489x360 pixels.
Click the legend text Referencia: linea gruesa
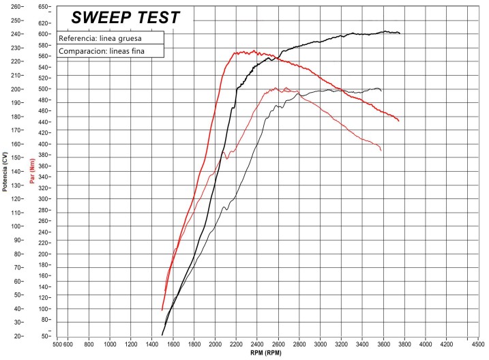[101, 38]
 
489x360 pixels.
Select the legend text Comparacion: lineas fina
[104, 51]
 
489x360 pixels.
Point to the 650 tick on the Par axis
[43, 7]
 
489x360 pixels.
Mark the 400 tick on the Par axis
[43, 145]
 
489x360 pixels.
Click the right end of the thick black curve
[400, 33]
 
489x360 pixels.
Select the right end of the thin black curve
[381, 91]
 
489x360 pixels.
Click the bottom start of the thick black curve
[162, 335]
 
